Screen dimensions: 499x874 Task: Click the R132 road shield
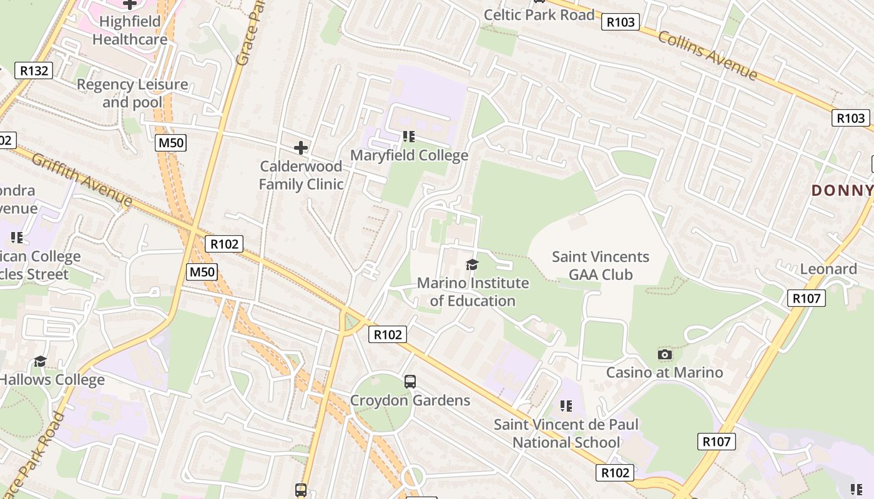coord(34,70)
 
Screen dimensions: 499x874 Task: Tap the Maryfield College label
coord(409,155)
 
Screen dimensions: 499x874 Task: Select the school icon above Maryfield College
coord(409,136)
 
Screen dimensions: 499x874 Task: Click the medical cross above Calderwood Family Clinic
coord(301,148)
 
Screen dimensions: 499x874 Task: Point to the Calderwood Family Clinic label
coord(301,175)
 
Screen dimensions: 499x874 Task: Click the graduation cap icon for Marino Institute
coord(472,265)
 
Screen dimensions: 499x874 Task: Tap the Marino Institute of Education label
coord(473,292)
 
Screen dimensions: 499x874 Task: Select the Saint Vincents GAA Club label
coord(601,266)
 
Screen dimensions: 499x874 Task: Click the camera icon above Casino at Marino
coord(665,354)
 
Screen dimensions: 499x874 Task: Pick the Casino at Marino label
coord(665,372)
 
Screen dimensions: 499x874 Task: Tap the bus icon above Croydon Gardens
coord(410,381)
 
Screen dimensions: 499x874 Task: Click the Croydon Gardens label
coord(410,400)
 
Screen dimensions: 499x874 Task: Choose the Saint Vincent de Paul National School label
coord(566,434)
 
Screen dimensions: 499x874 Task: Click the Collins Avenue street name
coord(707,56)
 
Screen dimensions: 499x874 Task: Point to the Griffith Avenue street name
coord(82,180)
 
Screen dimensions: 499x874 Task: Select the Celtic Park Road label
coord(539,15)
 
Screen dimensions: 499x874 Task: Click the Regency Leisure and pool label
coord(132,93)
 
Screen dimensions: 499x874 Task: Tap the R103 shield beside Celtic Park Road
coord(620,22)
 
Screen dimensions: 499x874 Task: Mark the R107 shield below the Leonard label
coord(806,299)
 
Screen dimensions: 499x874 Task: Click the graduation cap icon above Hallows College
coord(41,361)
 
